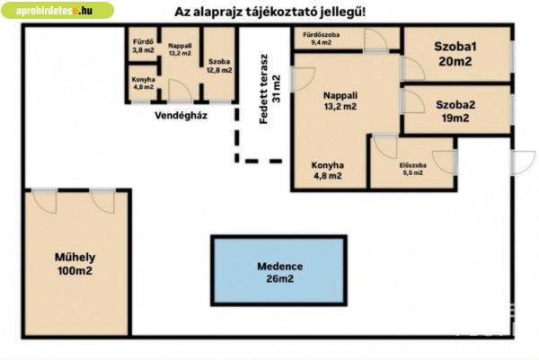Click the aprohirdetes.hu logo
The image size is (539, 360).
pyautogui.click(x=57, y=10)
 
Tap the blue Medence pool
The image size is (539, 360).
pyautogui.click(x=278, y=271)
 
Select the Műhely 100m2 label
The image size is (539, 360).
pyautogui.click(x=75, y=264)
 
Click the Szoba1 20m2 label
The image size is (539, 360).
pyautogui.click(x=455, y=54)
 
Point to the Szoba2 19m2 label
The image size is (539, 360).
pyautogui.click(x=455, y=111)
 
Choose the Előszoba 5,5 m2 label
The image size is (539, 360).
pyautogui.click(x=413, y=169)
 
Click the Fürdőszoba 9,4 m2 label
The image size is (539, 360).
pyautogui.click(x=321, y=39)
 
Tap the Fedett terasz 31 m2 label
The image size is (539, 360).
pyautogui.click(x=270, y=89)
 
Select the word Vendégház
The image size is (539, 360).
pyautogui.click(x=181, y=116)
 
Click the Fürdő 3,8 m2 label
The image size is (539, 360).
pyautogui.click(x=144, y=46)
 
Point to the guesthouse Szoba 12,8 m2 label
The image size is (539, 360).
pyautogui.click(x=219, y=66)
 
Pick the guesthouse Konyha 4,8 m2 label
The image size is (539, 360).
pyautogui.click(x=143, y=83)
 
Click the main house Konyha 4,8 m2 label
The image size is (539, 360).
pyautogui.click(x=327, y=171)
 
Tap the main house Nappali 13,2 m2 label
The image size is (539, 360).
pyautogui.click(x=340, y=101)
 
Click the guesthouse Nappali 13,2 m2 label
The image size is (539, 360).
pyautogui.click(x=180, y=49)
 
